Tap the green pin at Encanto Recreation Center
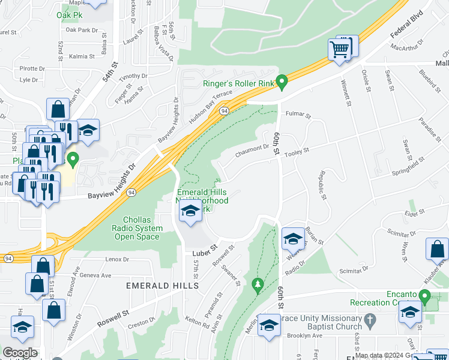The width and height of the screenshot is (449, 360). coord(425,296)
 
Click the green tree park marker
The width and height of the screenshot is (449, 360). coord(258,283)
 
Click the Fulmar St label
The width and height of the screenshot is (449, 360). coord(298,114)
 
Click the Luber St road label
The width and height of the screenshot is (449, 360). coord(205,248)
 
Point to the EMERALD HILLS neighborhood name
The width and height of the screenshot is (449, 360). coord(162,286)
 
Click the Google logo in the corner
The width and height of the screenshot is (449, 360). coord(20,352)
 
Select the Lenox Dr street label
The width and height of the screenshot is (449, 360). coord(117,259)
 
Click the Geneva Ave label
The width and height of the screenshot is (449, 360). coord(95,275)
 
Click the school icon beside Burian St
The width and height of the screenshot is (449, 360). coord(292,238)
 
